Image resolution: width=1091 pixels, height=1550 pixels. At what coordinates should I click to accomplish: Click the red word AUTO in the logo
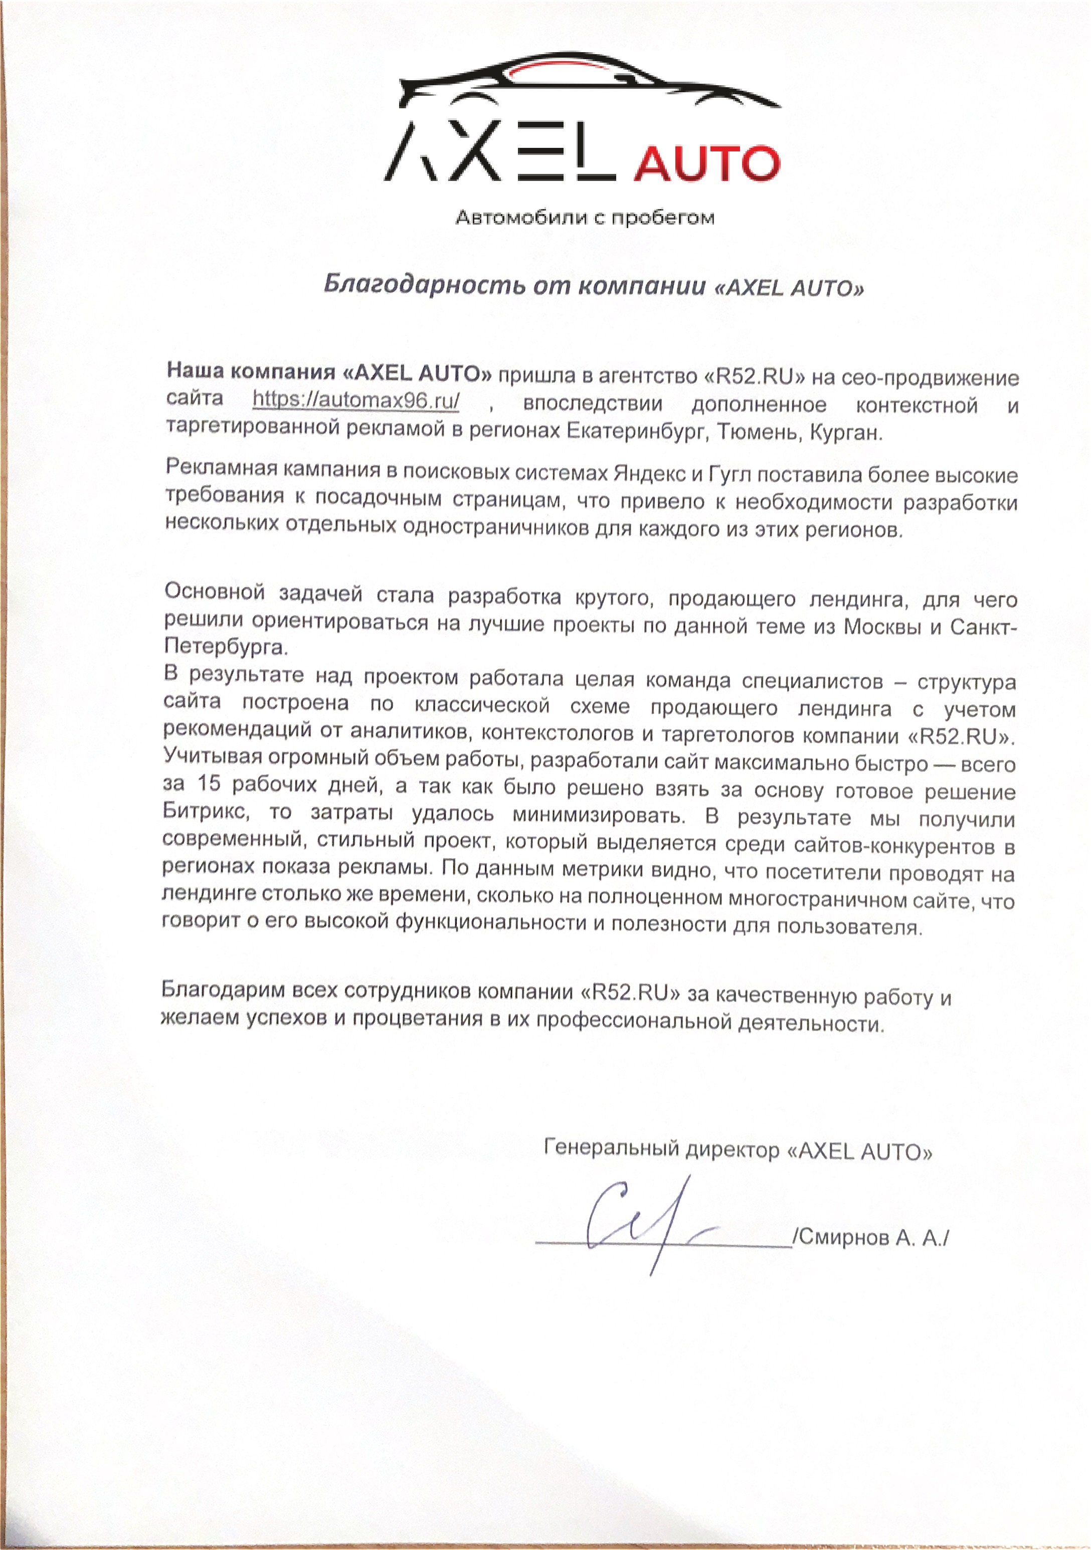coord(707,164)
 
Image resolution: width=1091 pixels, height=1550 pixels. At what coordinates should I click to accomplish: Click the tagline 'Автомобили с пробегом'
coord(585,218)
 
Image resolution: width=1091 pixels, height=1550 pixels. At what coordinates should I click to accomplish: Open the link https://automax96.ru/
coord(356,401)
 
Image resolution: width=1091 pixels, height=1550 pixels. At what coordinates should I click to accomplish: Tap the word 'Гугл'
coord(729,475)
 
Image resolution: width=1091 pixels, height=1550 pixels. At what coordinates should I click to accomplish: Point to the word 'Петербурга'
coord(226,647)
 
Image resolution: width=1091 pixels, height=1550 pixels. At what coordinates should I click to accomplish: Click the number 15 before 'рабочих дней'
coord(210,784)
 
